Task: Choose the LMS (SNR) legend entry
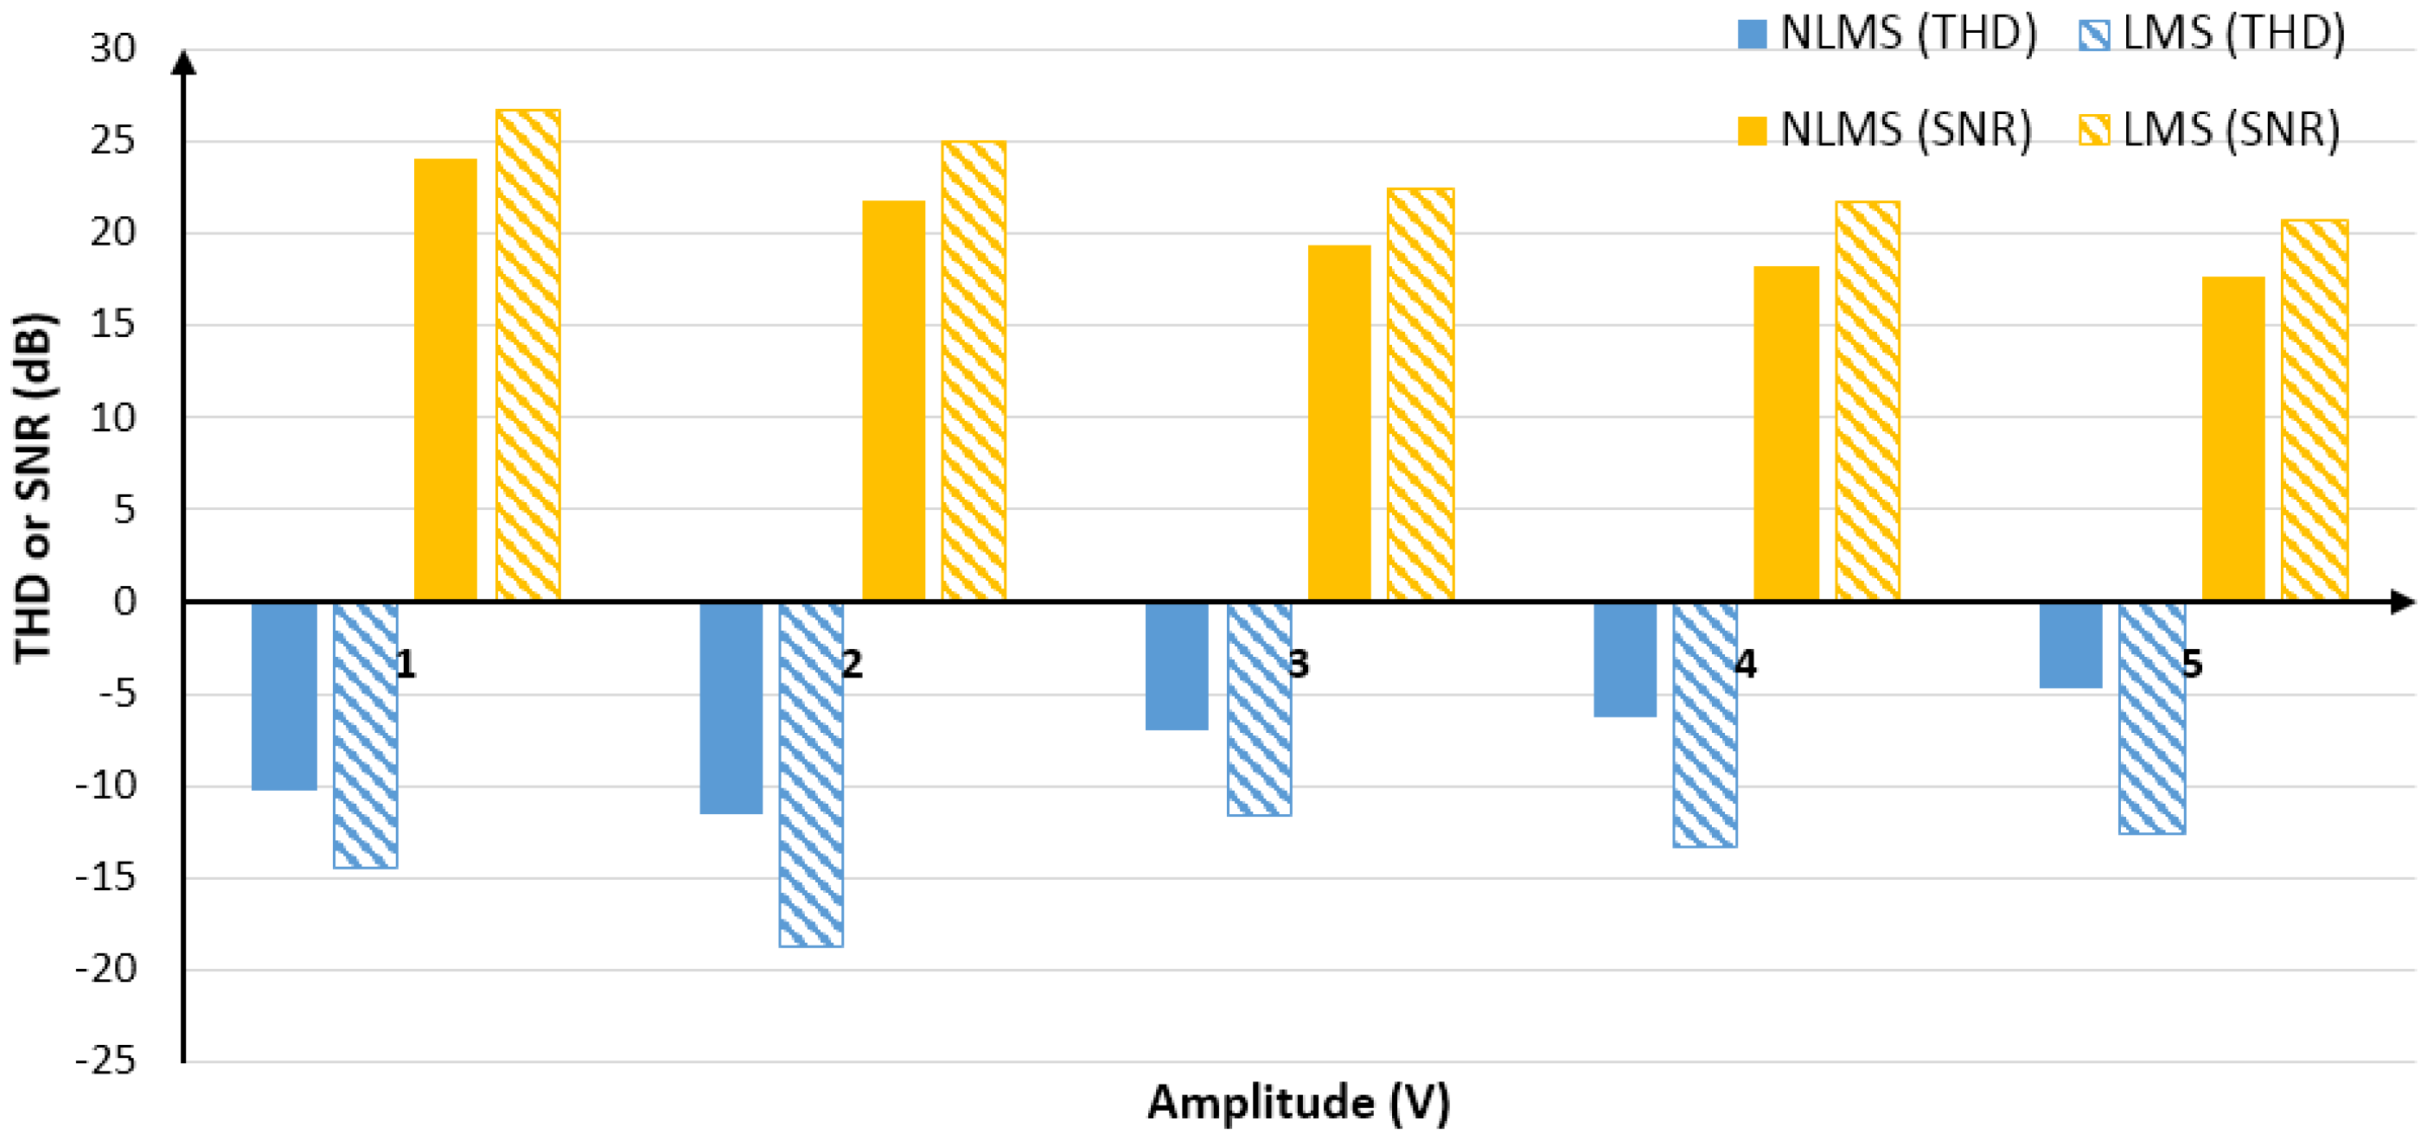point(2209,129)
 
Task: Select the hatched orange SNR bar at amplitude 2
point(974,370)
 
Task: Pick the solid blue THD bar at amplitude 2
point(731,708)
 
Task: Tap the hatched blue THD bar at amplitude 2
point(811,774)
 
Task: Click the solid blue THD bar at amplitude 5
point(2071,646)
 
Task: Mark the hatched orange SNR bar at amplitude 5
point(2314,410)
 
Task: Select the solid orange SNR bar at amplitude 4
point(1786,433)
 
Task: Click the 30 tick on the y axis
point(113,49)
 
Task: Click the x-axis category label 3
point(1299,666)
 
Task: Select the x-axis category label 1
point(406,666)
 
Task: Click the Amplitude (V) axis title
point(1299,1102)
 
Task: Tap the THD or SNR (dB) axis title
point(34,488)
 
